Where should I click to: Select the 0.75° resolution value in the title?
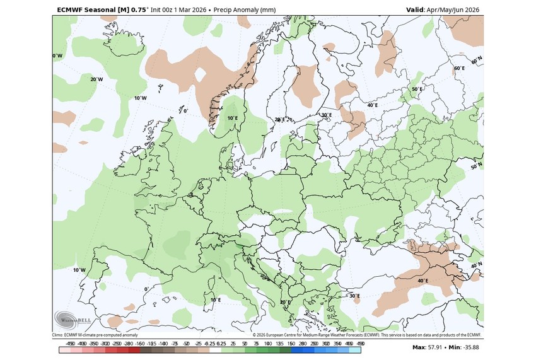(140, 10)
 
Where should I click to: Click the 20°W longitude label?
(96, 79)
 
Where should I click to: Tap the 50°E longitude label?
(417, 90)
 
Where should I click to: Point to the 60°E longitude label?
(459, 68)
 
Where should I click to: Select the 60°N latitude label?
(477, 60)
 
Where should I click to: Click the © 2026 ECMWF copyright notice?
(366, 335)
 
